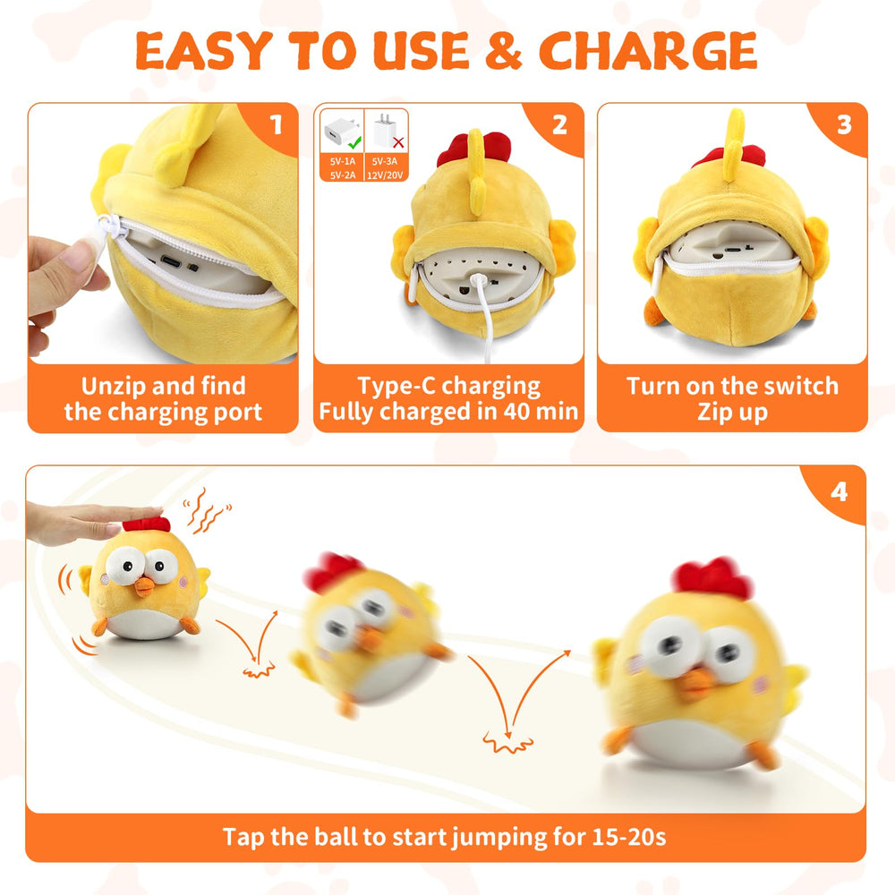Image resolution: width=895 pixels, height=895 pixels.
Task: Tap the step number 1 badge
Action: tap(277, 124)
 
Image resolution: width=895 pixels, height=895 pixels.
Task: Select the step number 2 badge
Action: tap(560, 124)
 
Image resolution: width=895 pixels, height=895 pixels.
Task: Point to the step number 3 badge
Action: tap(843, 124)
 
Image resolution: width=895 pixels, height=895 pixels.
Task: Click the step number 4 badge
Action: tap(840, 490)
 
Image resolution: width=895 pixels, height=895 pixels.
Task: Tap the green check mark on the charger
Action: tap(354, 141)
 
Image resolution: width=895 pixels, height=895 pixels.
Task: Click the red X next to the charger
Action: tap(397, 141)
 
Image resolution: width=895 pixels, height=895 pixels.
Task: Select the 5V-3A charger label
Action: tap(387, 161)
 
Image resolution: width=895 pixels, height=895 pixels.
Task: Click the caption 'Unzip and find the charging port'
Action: tap(163, 399)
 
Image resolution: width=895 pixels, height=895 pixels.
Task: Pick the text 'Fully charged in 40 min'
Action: tap(448, 413)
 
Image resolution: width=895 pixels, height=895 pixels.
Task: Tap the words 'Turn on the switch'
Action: tap(732, 387)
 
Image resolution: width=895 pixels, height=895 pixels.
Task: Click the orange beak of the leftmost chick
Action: tap(143, 587)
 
